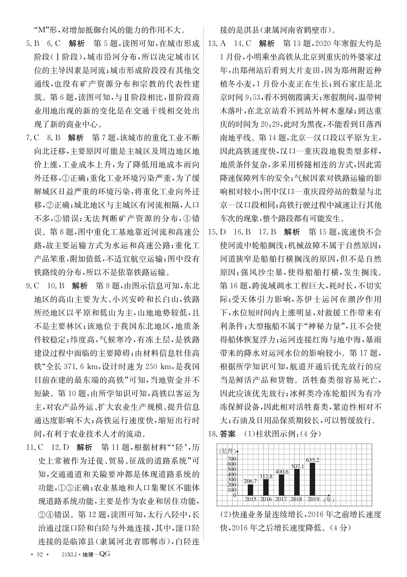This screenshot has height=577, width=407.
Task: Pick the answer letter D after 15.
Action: click(223, 232)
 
